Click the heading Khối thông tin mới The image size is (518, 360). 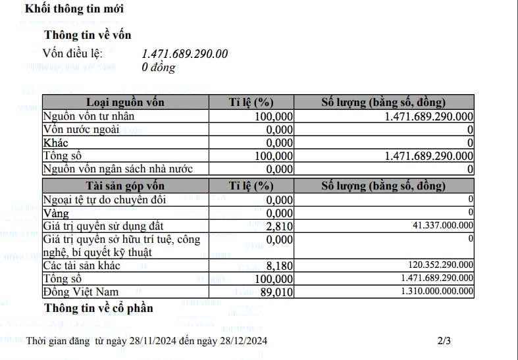coord(74,9)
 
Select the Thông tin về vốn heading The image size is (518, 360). coord(91,36)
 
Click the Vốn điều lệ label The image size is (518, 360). coord(73,53)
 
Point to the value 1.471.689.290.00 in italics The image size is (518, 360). coord(185,54)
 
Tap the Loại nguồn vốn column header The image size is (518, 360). coord(126,102)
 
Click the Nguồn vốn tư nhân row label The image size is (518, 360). coord(88,116)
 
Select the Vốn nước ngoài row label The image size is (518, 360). coord(81,129)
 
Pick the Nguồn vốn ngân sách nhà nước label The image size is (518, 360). coord(118,169)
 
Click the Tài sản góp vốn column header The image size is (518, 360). coord(126,186)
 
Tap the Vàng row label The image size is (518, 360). coord(56,213)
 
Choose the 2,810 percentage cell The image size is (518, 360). coord(280,226)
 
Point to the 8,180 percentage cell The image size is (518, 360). coord(280,266)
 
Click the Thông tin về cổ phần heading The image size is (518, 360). coord(98,308)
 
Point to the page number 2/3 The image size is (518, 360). coord(444,341)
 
